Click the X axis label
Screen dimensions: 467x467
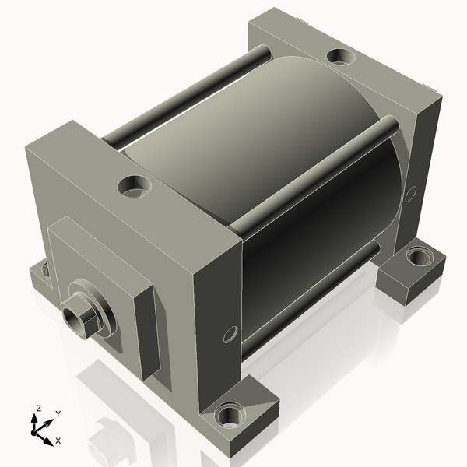click(x=58, y=441)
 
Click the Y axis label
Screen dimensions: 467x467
click(x=58, y=414)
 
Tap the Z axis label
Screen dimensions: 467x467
click(x=38, y=409)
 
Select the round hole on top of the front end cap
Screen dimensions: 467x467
click(x=135, y=187)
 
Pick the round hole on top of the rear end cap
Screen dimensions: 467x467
click(x=341, y=56)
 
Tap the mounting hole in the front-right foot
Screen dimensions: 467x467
click(x=230, y=415)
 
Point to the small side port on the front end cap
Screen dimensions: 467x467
click(x=230, y=334)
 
